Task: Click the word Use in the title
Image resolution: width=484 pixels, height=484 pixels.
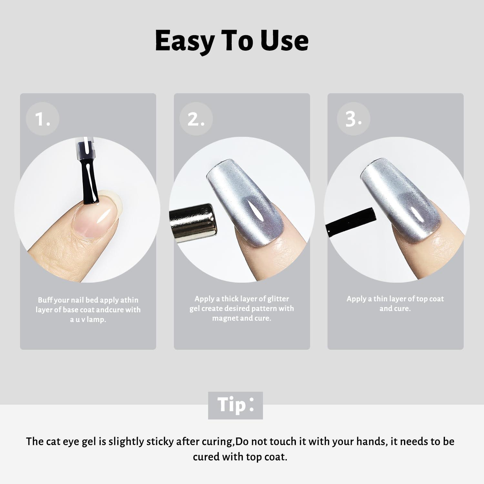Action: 285,41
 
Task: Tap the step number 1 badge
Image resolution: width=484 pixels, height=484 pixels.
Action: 43,119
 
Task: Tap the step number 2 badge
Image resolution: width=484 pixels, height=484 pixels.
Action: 196,119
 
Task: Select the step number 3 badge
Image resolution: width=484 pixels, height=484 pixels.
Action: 353,119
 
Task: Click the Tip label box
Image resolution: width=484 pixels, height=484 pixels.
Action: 236,405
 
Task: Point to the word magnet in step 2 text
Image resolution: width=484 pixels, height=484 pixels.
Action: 225,318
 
